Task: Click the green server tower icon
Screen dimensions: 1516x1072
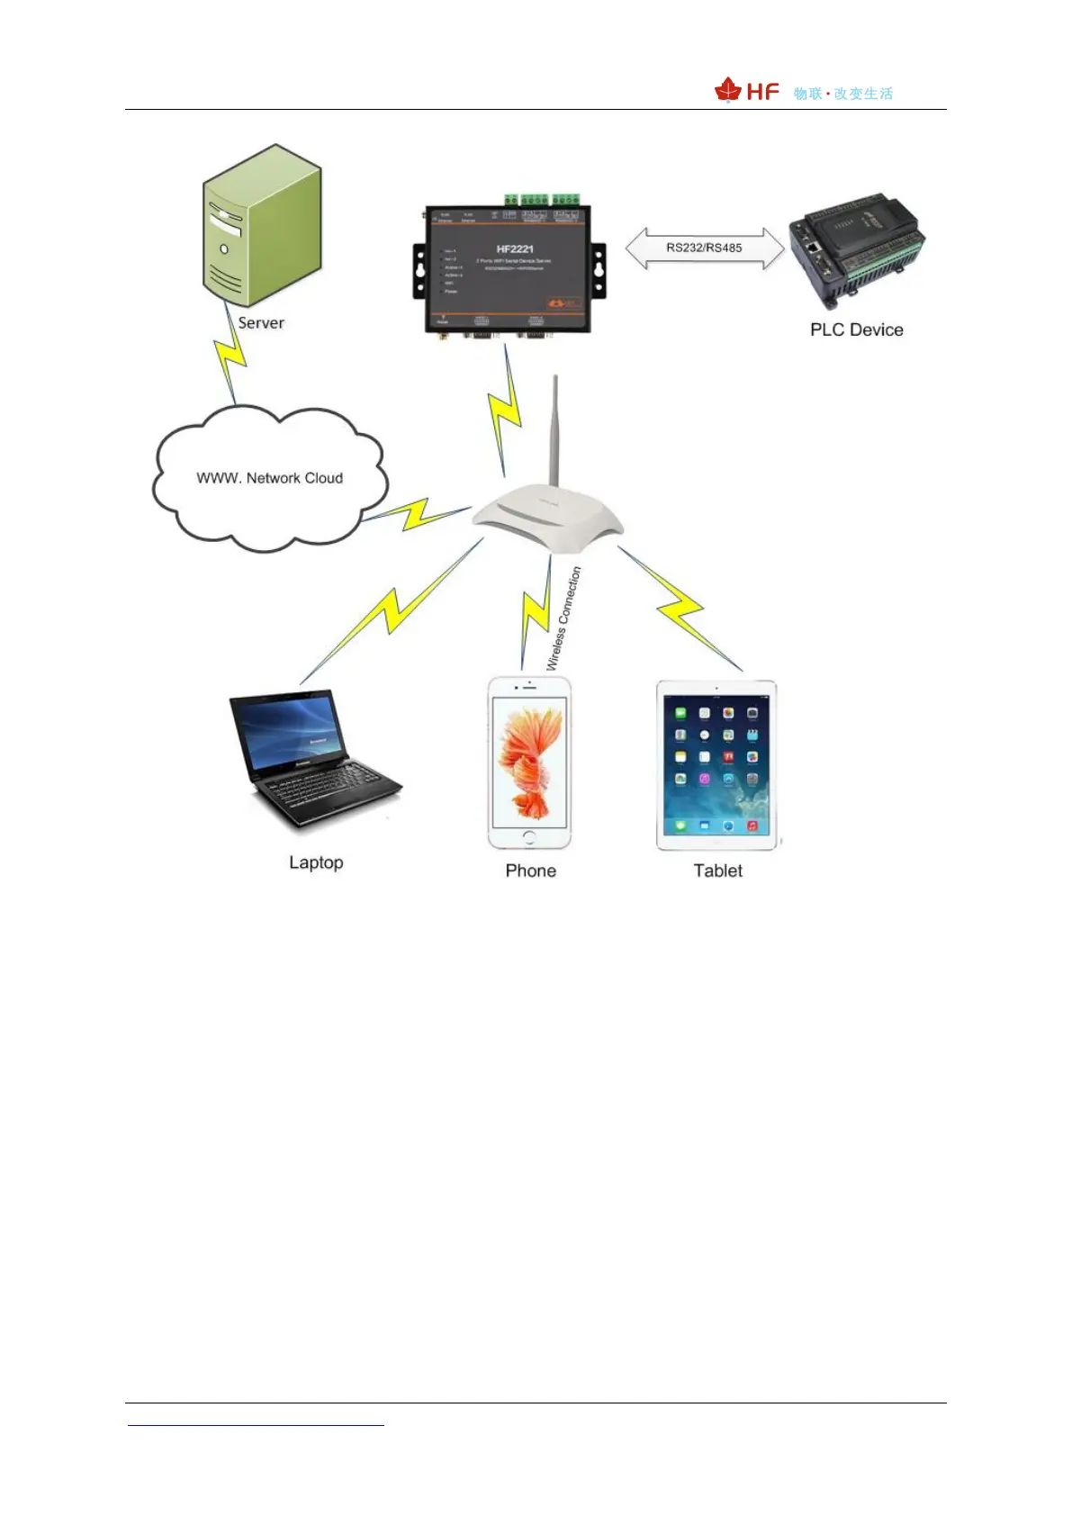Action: coord(261,225)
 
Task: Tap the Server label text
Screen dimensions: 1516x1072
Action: coord(261,323)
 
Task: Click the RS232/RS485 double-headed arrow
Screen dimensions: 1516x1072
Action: coord(705,248)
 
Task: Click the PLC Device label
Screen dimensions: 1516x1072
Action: coord(856,329)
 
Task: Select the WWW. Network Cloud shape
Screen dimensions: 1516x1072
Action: coord(269,478)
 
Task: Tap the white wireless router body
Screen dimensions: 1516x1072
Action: coord(547,518)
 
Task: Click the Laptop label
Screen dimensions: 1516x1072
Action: coord(316,862)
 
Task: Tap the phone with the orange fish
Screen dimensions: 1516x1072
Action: coord(529,763)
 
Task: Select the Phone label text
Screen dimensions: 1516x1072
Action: coord(530,871)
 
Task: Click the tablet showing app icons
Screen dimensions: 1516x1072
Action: coord(716,765)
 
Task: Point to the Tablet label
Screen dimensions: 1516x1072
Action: coord(717,871)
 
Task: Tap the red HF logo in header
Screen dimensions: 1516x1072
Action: coord(747,91)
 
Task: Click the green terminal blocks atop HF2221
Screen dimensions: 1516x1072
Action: coord(540,200)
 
